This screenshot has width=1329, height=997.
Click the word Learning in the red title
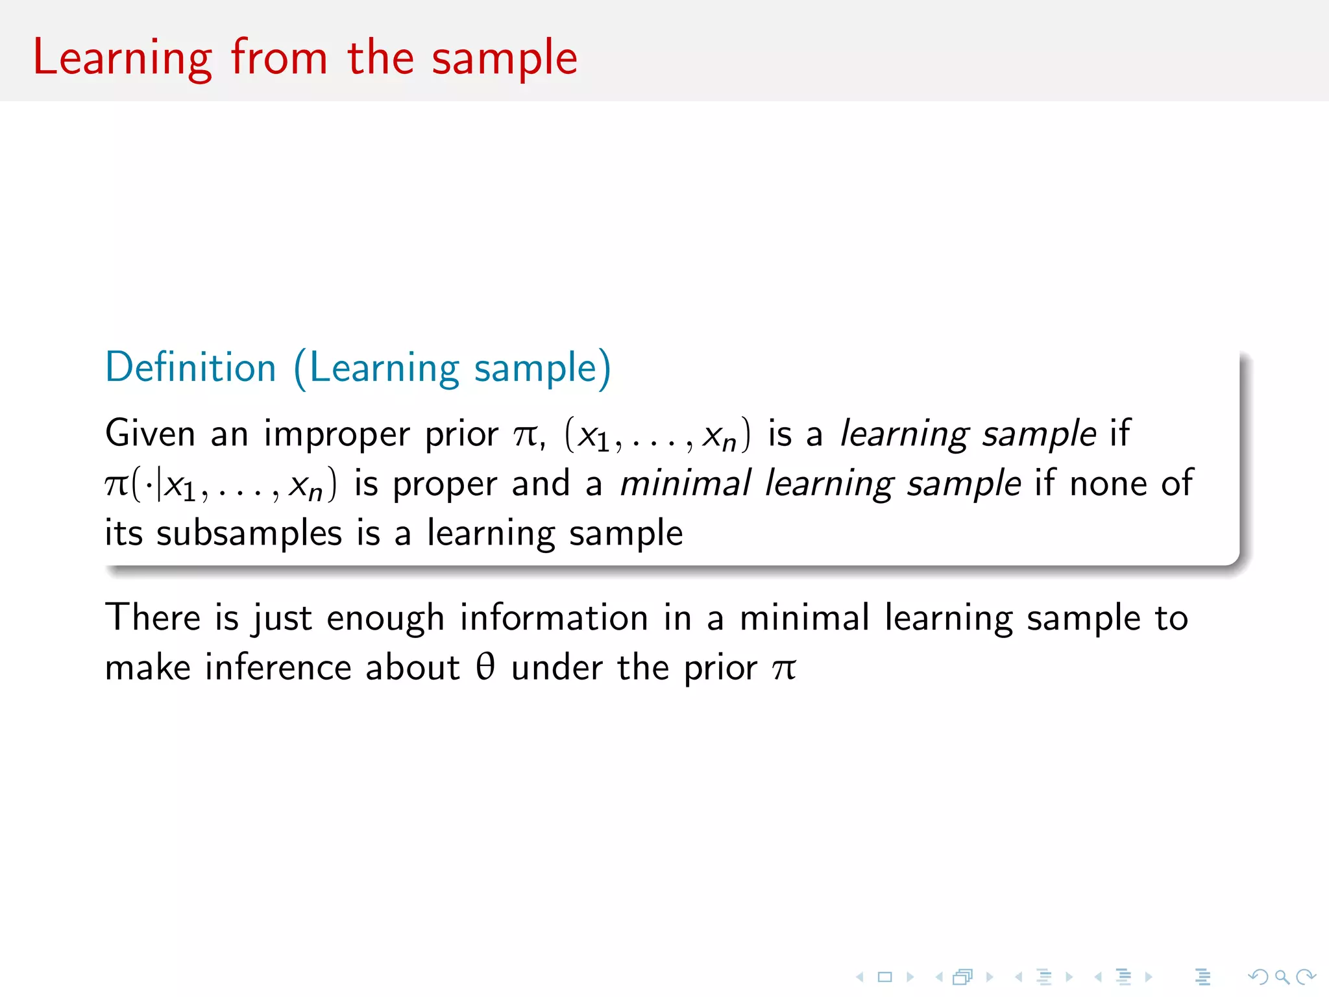click(x=122, y=58)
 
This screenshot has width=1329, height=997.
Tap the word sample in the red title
click(x=504, y=58)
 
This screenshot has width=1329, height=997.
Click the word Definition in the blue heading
click(x=191, y=367)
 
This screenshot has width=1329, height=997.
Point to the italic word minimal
click(x=685, y=484)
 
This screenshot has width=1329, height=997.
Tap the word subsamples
click(x=249, y=534)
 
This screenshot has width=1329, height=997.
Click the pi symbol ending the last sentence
click(x=784, y=669)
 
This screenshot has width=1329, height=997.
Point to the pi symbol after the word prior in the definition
click(x=526, y=435)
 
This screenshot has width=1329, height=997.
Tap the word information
click(x=554, y=617)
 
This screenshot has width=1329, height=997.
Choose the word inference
click(x=277, y=667)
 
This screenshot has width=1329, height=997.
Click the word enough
click(x=385, y=619)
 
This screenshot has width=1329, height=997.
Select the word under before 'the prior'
click(x=557, y=667)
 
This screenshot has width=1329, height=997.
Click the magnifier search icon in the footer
click(x=1282, y=977)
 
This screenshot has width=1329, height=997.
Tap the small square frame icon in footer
click(x=885, y=977)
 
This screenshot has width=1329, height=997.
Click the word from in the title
click(x=279, y=58)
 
